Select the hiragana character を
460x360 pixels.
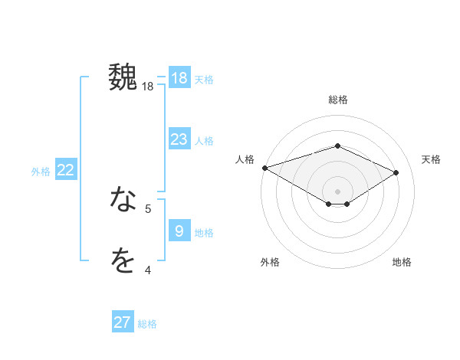[x=123, y=261]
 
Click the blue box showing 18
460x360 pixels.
[x=179, y=78]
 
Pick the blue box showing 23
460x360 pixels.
[x=179, y=139]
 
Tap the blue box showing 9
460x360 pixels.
[x=179, y=231]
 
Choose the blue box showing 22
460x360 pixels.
[x=66, y=170]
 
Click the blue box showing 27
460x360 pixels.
[x=123, y=322]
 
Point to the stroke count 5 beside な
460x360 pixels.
[x=148, y=208]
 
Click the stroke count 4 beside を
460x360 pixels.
[x=148, y=270]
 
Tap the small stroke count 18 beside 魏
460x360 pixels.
[x=148, y=87]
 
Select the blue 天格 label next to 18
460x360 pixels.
[x=204, y=80]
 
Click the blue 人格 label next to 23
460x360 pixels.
[x=204, y=141]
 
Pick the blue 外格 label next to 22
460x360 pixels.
[x=41, y=172]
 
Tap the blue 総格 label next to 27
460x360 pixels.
[x=147, y=324]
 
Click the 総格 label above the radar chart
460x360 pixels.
[x=337, y=100]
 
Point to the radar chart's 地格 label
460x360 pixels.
[x=402, y=263]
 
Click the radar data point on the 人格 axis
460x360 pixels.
[x=264, y=167]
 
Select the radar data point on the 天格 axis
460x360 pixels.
[x=396, y=172]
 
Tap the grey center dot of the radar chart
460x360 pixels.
[x=337, y=190]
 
